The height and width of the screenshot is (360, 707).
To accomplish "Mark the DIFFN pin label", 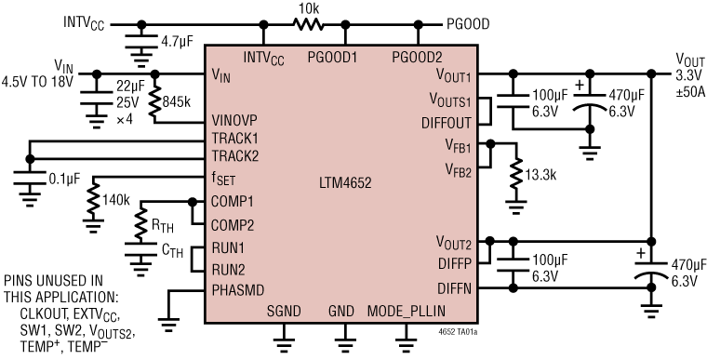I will point(456,289).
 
